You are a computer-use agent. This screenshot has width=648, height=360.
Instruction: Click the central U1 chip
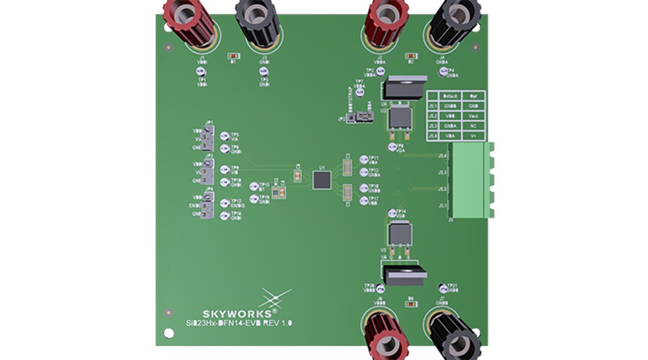[x=322, y=179]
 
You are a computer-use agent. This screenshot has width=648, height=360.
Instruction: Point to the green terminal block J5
[x=472, y=180]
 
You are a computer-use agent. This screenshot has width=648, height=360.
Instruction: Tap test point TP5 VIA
[x=224, y=136]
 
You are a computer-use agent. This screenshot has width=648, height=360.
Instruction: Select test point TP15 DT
[x=254, y=187]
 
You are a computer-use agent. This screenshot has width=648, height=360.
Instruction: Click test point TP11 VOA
[x=364, y=159]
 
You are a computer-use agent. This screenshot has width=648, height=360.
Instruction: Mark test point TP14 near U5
[x=392, y=212]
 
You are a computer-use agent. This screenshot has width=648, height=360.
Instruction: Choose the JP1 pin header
[x=208, y=138]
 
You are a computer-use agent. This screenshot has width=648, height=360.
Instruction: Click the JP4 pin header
[x=208, y=205]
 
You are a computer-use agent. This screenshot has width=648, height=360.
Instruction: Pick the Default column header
[x=450, y=96]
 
